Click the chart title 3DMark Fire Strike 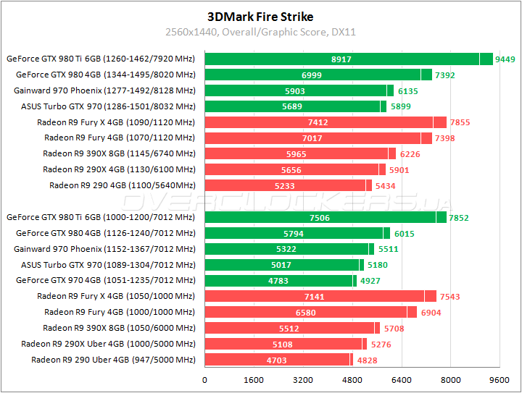260,16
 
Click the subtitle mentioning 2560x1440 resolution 260,32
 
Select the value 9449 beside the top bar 505,59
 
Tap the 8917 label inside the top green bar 341,59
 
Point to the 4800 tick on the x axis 352,379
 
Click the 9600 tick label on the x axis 500,379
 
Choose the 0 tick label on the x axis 205,379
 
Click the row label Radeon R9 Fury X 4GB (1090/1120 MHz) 116,122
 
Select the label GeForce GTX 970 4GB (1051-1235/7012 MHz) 106,280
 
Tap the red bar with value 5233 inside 285,185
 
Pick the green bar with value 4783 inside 278,280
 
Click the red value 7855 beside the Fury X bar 460,122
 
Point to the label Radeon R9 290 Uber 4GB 113,360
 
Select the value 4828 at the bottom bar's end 366,360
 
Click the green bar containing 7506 320,217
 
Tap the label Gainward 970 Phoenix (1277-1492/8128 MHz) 104,90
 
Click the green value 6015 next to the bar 404,233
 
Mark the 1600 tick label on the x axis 254,379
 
